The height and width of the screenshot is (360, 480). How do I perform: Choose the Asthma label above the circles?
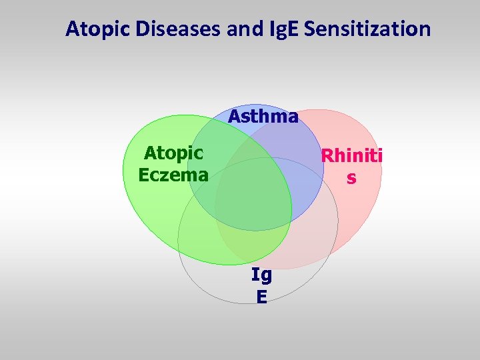263,117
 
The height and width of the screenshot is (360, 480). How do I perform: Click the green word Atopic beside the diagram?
173,153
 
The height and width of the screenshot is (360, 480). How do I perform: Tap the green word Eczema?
173,175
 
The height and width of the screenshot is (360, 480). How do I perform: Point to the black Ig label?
261,275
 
